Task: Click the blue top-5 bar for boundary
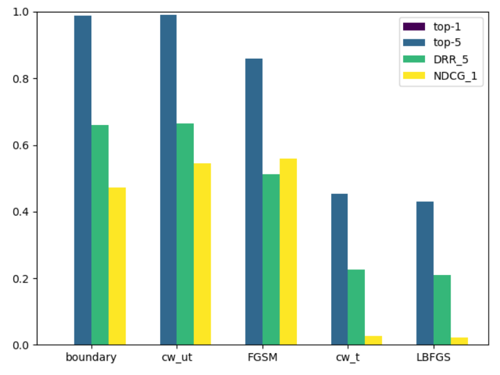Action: coord(83,180)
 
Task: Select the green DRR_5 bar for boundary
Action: coord(100,235)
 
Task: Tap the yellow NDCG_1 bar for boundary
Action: coord(117,266)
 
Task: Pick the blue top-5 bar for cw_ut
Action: coord(168,180)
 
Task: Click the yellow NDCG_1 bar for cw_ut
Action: coord(202,254)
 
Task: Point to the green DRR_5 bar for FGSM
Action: coord(271,259)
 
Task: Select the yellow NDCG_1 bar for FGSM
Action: coord(288,252)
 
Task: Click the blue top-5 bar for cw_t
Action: coord(339,269)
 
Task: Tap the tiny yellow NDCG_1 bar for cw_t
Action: coord(373,341)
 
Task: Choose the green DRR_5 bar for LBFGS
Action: coord(442,310)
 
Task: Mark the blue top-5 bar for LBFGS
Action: coord(425,273)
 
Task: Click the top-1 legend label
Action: coord(447,27)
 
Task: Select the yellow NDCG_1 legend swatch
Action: coord(414,76)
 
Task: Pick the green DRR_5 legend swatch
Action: coord(414,59)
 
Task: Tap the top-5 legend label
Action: coord(447,42)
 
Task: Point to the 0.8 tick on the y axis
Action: coord(36,79)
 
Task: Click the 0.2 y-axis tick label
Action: coord(20,279)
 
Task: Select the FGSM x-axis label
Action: coord(262,357)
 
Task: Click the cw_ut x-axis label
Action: coord(177,357)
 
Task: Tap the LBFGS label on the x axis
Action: coord(434,357)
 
